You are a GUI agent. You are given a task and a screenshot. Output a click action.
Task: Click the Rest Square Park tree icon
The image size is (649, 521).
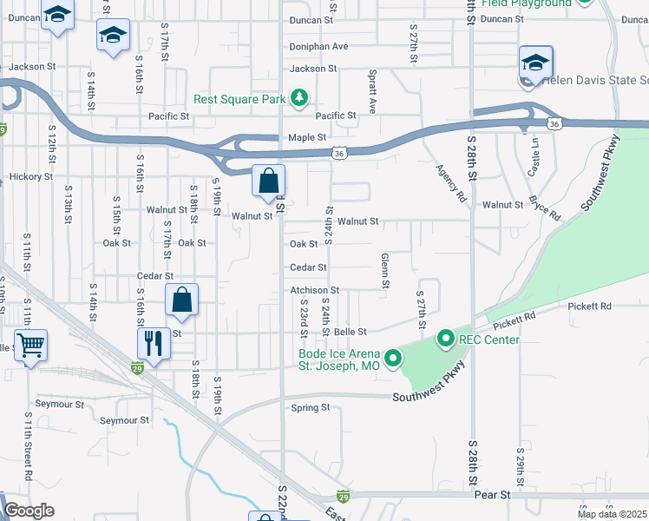click(x=298, y=97)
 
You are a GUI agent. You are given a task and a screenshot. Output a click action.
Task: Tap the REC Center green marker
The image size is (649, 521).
click(x=446, y=338)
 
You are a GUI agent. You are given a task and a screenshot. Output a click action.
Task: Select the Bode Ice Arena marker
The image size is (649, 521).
click(x=393, y=357)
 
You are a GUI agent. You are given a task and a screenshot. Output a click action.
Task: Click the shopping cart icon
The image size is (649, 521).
click(x=31, y=346)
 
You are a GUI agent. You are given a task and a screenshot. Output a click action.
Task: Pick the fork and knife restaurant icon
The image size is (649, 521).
click(x=154, y=342)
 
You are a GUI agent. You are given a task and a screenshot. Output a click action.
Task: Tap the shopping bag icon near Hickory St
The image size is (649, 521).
click(x=269, y=181)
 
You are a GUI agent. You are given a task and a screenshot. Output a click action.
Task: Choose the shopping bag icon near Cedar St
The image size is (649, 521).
click(x=182, y=300)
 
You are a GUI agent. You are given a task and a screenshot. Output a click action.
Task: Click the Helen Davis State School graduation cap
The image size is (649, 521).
click(x=535, y=63)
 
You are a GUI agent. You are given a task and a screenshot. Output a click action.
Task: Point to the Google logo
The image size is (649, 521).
click(x=29, y=511)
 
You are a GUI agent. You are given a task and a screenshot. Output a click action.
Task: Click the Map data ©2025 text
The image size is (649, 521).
click(x=612, y=514)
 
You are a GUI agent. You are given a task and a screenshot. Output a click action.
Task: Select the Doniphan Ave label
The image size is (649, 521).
click(x=318, y=46)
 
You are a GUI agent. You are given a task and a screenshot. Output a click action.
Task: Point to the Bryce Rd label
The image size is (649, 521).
click(x=544, y=208)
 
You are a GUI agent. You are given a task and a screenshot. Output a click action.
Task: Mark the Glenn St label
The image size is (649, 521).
click(x=383, y=270)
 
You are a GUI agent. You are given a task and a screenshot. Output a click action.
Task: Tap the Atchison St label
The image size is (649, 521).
click(x=314, y=290)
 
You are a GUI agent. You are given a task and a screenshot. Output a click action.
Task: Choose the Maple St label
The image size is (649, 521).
click(x=306, y=137)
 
